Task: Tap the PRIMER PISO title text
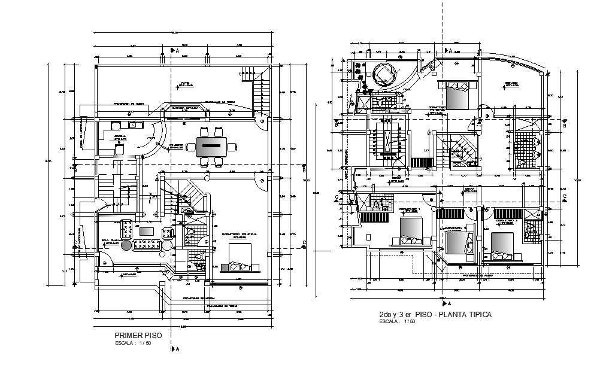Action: tap(134, 336)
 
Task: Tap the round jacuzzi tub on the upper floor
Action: tap(383, 75)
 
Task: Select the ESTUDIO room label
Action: tap(510, 84)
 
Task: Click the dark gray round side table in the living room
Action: tap(126, 245)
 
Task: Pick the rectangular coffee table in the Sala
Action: tap(147, 231)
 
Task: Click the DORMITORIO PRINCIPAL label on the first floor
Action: tap(239, 234)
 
